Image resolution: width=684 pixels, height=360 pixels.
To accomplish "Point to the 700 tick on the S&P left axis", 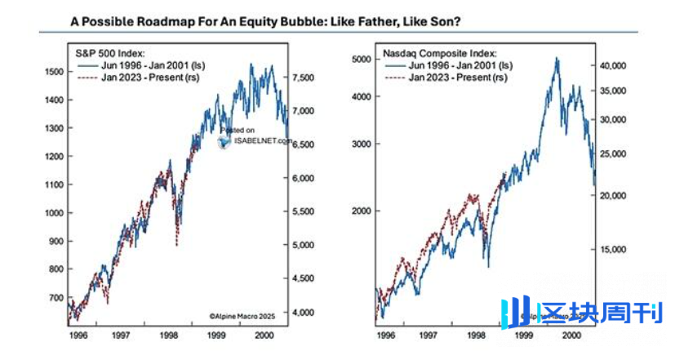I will point(56,297).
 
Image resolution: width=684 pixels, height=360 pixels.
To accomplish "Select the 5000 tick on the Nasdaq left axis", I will point(362,60).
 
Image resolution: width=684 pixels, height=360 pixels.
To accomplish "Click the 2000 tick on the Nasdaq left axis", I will point(362,211).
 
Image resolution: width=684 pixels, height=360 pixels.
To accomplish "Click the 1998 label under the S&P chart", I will point(168,336).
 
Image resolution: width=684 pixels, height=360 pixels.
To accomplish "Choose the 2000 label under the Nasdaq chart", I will point(571,336).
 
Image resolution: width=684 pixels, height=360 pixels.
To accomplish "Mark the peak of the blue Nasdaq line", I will point(557,58).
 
